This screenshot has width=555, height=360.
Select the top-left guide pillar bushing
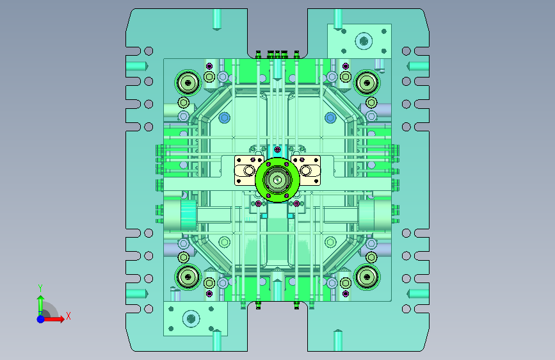(x=188, y=83)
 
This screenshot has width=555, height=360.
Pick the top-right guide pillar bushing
(x=367, y=83)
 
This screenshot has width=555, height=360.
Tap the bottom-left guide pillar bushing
(x=188, y=277)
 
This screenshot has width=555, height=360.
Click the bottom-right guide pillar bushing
(x=367, y=277)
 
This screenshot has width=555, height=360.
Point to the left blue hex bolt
(x=225, y=118)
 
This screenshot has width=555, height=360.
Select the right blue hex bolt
(x=330, y=118)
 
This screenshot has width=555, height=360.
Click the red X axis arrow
(x=53, y=319)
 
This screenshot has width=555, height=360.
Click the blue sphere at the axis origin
(x=41, y=319)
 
